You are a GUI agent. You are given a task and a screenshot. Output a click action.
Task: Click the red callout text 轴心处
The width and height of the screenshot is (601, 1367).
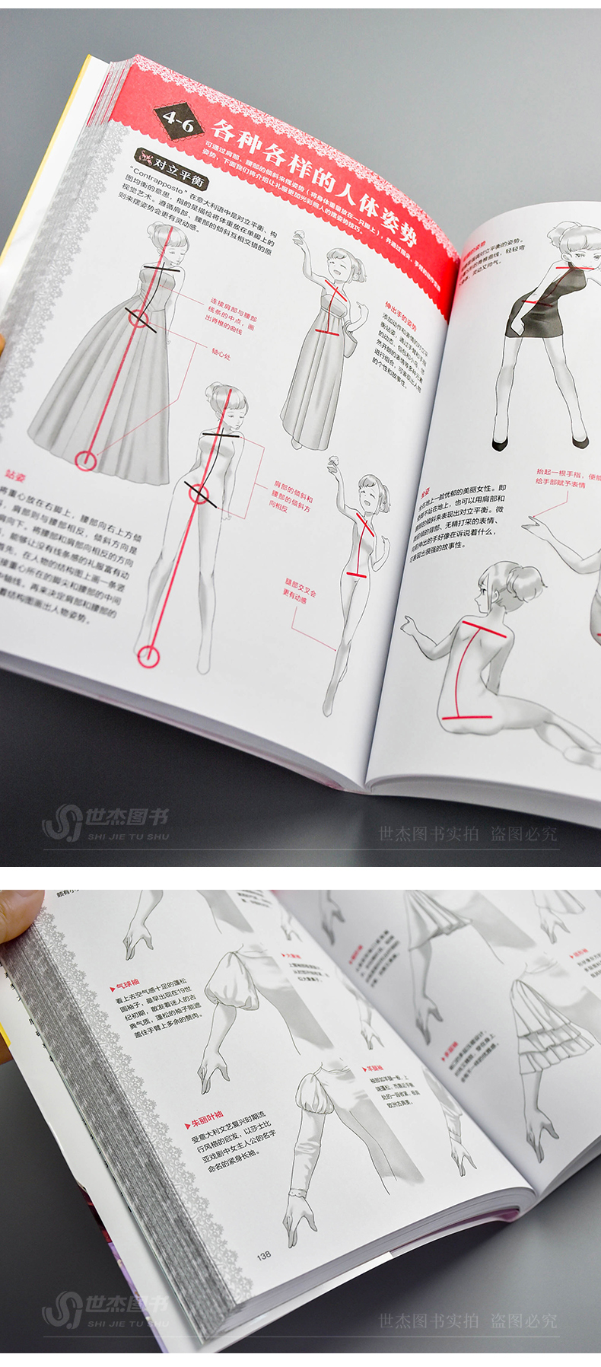(222, 355)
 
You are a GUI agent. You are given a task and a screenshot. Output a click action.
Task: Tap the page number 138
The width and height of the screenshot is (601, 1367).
(264, 1255)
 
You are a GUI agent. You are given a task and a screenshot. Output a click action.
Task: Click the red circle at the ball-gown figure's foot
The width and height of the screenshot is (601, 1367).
(87, 460)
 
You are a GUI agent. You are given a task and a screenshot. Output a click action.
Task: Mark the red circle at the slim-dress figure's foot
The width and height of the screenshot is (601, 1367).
(148, 656)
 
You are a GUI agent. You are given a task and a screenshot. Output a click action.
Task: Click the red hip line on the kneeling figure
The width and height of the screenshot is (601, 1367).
(467, 717)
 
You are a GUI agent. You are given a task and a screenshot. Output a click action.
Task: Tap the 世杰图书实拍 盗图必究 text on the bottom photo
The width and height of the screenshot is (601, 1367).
(468, 1321)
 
